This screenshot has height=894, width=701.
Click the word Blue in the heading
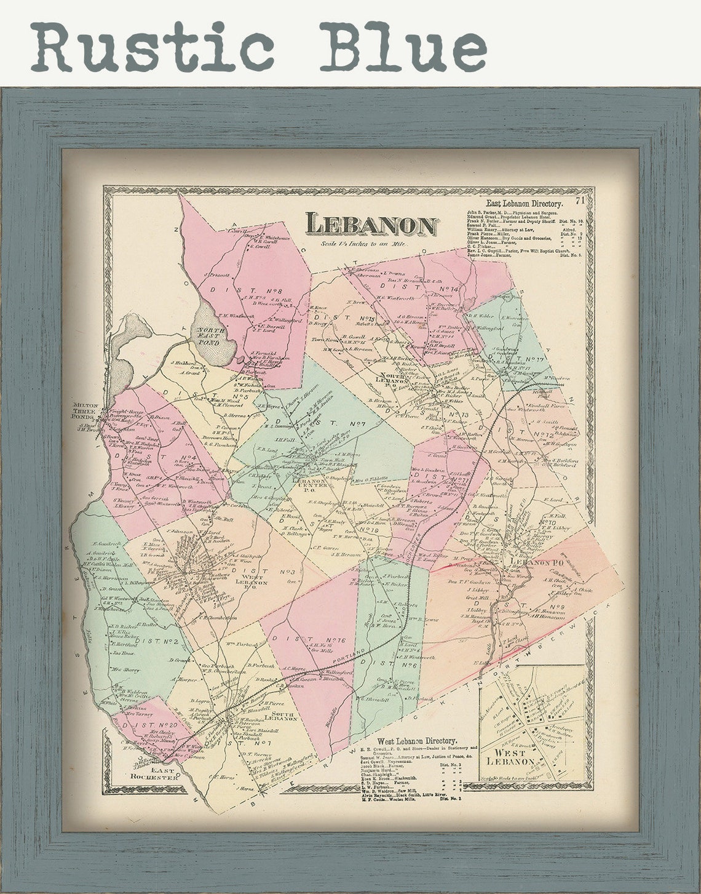(403, 46)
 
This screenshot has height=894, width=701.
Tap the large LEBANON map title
(371, 225)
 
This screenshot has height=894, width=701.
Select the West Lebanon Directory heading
(417, 741)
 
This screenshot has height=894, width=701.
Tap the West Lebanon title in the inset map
(510, 757)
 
